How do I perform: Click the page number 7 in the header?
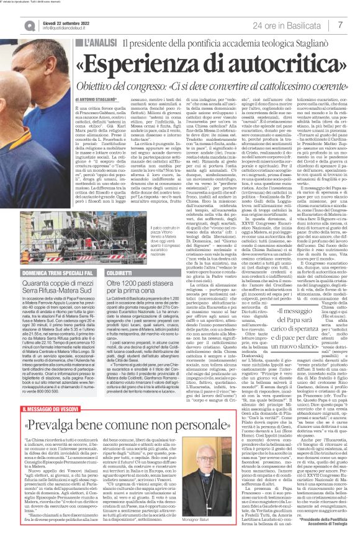[341, 25]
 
